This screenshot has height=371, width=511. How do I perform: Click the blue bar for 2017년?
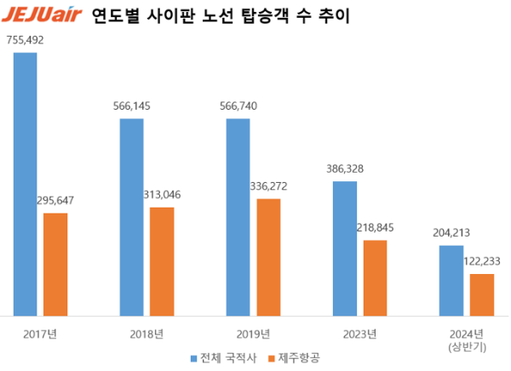[x=25, y=183]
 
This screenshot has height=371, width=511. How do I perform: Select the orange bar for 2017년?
[x=55, y=264]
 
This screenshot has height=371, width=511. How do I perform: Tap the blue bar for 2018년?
[x=131, y=217]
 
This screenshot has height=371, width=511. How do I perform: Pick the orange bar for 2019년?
[x=268, y=257]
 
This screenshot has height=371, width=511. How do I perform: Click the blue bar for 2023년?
[x=344, y=248]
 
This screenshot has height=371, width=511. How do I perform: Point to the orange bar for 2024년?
[x=481, y=294]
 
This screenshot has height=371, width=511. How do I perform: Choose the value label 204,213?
[x=451, y=232]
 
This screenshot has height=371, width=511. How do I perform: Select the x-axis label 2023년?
[x=359, y=334]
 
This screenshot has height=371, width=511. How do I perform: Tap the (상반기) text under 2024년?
[x=465, y=346]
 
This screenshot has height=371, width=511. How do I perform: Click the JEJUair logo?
[x=43, y=15]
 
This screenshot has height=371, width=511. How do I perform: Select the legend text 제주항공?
[x=299, y=358]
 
